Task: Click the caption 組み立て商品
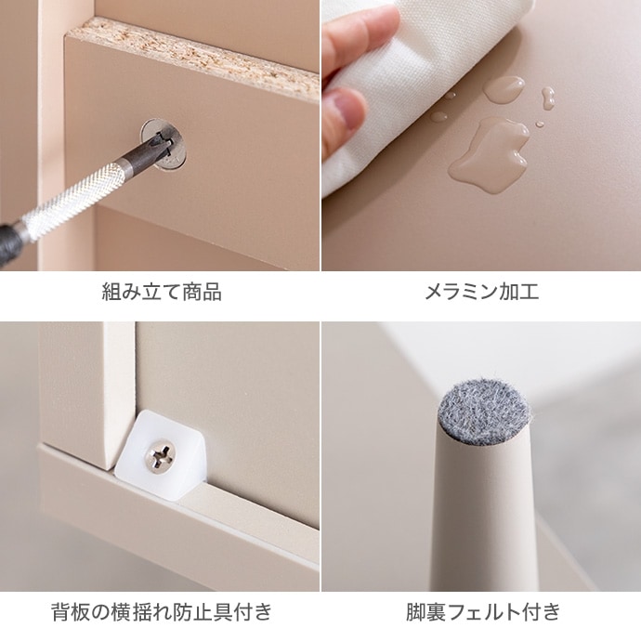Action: tap(161, 293)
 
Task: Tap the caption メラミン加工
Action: tap(481, 293)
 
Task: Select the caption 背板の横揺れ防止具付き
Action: tap(161, 612)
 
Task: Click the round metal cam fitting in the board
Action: tap(166, 144)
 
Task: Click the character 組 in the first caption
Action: tap(111, 293)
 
